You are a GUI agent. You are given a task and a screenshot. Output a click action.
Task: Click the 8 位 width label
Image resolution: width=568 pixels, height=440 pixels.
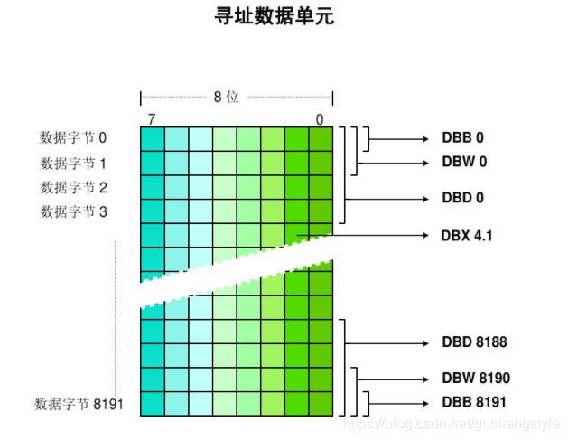coord(226,97)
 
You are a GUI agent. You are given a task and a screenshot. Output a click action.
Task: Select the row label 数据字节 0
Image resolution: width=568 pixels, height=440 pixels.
coord(73,138)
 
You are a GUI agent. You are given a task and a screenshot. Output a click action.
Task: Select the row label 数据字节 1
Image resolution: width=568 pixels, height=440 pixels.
coord(73,164)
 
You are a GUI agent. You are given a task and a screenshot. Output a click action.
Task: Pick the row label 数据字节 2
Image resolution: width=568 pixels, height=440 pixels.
coord(73,187)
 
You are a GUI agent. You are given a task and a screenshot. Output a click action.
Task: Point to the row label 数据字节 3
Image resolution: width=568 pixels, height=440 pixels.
coord(73,211)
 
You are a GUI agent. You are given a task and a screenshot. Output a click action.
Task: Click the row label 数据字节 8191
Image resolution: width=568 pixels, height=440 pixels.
coord(78,403)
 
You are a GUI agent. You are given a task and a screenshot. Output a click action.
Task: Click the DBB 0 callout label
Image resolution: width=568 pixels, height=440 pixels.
coord(462,138)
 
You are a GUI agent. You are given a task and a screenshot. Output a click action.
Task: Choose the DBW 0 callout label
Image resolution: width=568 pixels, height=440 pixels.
coord(463,164)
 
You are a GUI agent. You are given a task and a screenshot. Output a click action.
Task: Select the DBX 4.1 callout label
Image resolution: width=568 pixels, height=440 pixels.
coord(468,236)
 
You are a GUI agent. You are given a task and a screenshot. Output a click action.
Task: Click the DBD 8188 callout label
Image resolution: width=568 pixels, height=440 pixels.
coord(474,343)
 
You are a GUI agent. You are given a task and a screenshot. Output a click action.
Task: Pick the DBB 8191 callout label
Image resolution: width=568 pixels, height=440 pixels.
coord(474,402)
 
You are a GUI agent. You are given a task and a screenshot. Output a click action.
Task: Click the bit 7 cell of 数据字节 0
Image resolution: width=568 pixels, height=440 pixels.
coord(152,138)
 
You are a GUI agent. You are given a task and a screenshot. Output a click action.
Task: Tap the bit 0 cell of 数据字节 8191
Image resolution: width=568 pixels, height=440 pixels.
coord(321,403)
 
